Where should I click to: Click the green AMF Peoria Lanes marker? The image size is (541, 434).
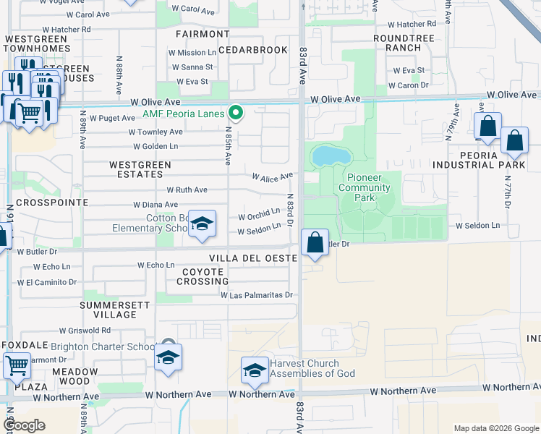(x=235, y=113)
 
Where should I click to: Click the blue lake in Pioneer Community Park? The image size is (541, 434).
(x=328, y=155)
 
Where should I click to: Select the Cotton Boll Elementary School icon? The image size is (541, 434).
(x=203, y=225)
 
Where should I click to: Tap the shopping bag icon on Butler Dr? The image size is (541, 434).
(x=315, y=242)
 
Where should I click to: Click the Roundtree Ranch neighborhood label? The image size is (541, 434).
(x=398, y=43)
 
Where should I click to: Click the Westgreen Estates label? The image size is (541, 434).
(x=140, y=169)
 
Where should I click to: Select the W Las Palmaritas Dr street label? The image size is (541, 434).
(x=256, y=295)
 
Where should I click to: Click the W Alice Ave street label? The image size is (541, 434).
(x=272, y=176)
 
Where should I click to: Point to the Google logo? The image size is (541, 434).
(x=25, y=425)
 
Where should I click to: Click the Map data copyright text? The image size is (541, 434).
(x=495, y=428)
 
